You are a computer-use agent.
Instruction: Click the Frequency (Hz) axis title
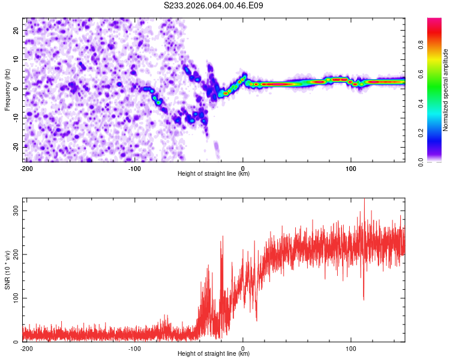[x=7, y=90]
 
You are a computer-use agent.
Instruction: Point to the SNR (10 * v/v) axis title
[x=7, y=271]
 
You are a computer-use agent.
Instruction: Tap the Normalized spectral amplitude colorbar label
[x=445, y=90]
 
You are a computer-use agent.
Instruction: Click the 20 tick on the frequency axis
[x=17, y=30]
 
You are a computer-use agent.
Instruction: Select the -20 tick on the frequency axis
[x=16, y=147]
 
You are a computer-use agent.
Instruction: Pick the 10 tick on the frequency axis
[x=17, y=59]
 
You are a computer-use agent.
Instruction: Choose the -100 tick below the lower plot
[x=134, y=349]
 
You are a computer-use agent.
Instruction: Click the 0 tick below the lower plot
[x=243, y=349]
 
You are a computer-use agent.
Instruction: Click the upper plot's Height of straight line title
[x=214, y=175]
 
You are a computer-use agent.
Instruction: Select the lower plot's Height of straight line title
[x=214, y=355]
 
